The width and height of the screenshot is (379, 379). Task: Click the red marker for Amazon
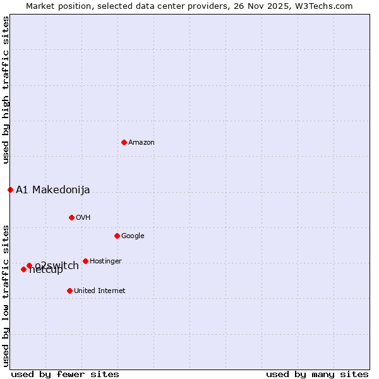coord(124,142)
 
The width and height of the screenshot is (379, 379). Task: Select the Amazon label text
coord(141,143)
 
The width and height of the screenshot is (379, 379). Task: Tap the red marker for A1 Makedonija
coord(10,189)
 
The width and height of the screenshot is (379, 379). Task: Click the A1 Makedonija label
coord(53,190)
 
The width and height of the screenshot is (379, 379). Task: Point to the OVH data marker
coord(71,217)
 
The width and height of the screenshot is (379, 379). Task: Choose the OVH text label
coord(83,218)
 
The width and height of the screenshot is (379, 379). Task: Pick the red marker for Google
coord(117,236)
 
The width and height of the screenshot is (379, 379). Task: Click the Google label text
coord(133,236)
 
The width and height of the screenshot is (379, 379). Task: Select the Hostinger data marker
coord(85,261)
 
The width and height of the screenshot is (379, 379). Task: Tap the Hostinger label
coord(105,262)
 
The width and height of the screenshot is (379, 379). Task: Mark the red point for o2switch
coord(29,265)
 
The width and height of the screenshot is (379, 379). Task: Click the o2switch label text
coord(57,265)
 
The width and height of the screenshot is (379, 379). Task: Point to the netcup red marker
coord(23,269)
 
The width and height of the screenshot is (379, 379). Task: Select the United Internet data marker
coord(69,291)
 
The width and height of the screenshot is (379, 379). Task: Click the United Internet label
coord(100,291)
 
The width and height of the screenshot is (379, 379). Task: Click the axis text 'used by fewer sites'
coord(65,375)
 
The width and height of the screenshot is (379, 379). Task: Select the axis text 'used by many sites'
coord(317,375)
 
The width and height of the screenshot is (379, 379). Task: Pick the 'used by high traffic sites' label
coord(6,90)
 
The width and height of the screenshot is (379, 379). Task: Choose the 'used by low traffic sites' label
coord(6,295)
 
